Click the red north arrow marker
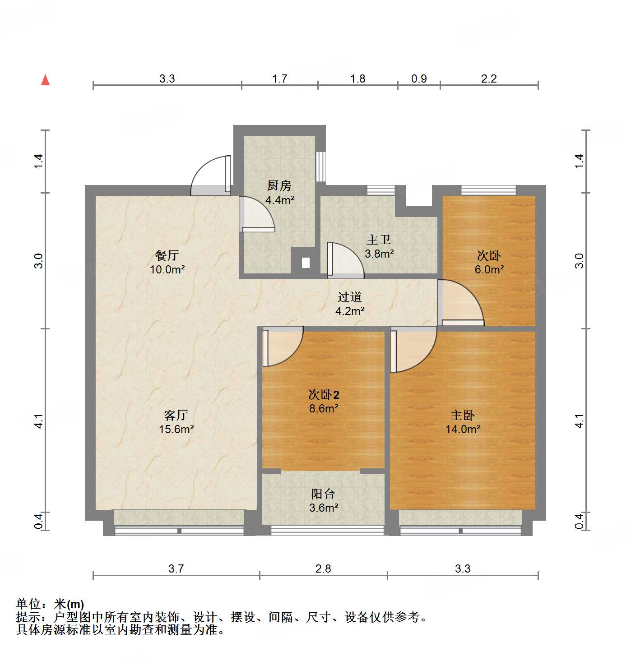(45, 80)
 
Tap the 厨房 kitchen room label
(279, 185)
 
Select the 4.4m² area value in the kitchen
(280, 199)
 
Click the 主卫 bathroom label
(378, 240)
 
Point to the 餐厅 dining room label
(167, 255)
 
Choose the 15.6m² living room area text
(176, 429)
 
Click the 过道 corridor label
(350, 297)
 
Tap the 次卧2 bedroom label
(323, 395)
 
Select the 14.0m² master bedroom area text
(463, 429)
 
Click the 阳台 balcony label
(323, 494)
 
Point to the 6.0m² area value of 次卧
(489, 269)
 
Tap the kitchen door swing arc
(257, 215)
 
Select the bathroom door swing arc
(345, 260)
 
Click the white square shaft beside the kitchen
(306, 262)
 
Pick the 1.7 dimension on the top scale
(279, 79)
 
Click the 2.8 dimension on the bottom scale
(323, 569)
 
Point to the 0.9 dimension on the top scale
(419, 79)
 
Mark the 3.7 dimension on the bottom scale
(176, 569)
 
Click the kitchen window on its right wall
(320, 166)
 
